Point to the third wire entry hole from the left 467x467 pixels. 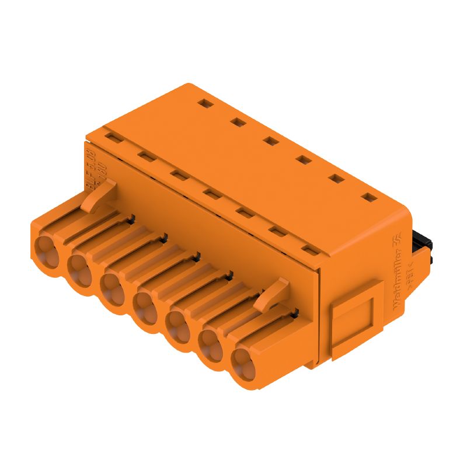111,286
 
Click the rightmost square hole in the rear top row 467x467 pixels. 367,198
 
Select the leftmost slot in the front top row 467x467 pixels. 111,137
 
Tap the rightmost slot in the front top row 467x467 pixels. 312,250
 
